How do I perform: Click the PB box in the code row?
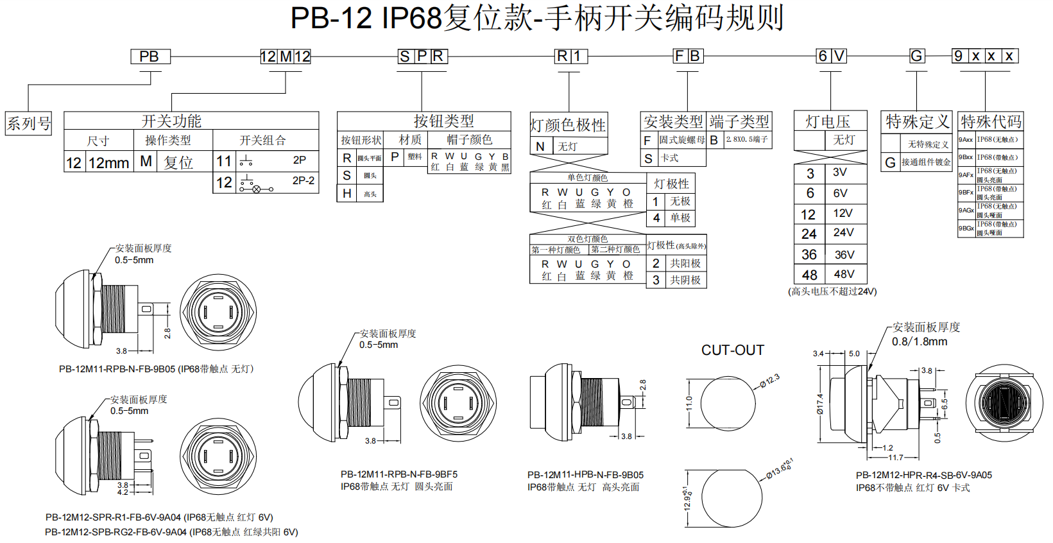click(x=150, y=56)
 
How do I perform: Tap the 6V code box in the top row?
click(x=831, y=56)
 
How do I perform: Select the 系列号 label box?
click(x=28, y=123)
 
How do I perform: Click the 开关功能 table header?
click(x=171, y=121)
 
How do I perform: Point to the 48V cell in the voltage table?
click(x=844, y=274)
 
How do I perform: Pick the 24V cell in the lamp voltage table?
click(x=844, y=232)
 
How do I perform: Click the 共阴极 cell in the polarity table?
click(x=685, y=280)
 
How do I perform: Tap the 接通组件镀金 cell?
click(x=925, y=162)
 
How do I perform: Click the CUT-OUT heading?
click(x=732, y=350)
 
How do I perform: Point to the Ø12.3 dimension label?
click(x=769, y=381)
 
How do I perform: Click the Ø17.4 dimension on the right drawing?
click(x=819, y=404)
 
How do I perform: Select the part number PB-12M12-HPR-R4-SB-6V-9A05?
click(x=923, y=475)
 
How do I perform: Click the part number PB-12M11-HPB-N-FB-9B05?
click(x=585, y=475)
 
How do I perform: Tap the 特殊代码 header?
click(x=990, y=121)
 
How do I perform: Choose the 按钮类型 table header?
click(x=443, y=121)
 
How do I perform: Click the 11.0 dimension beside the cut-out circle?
click(x=689, y=403)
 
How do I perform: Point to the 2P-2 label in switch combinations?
click(x=303, y=181)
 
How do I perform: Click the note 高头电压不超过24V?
click(x=832, y=291)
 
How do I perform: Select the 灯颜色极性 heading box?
click(x=568, y=125)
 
